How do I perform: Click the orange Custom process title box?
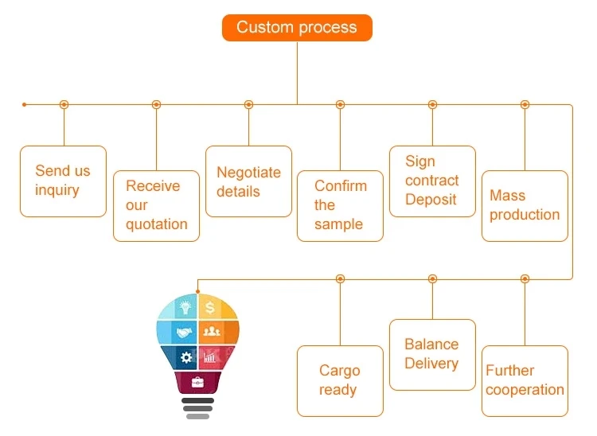click(297, 28)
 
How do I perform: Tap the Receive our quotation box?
click(156, 205)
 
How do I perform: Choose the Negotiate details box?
click(248, 181)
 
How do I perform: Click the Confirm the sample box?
click(340, 205)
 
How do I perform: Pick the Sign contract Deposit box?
click(432, 181)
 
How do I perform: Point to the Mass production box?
click(525, 205)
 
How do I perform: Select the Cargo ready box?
click(340, 380)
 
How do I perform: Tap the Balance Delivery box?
click(432, 354)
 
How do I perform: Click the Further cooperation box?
click(525, 380)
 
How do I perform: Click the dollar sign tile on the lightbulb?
click(211, 306)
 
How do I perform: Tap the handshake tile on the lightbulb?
click(184, 332)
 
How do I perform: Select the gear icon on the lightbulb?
click(186, 357)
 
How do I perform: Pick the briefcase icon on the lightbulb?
click(197, 382)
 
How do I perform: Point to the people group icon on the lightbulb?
click(212, 332)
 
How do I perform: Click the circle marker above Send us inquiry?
click(64, 104)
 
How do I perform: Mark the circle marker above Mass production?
click(525, 104)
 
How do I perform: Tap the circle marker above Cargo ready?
click(340, 278)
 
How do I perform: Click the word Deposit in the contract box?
click(431, 200)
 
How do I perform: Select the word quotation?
click(157, 224)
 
